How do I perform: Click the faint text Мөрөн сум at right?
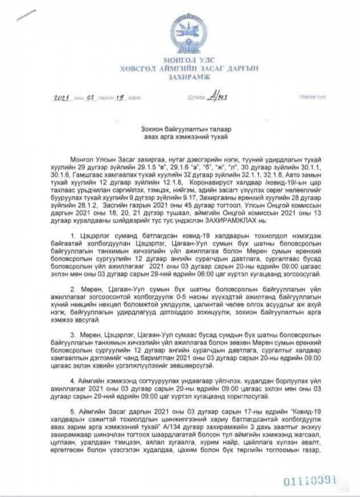[312, 97]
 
